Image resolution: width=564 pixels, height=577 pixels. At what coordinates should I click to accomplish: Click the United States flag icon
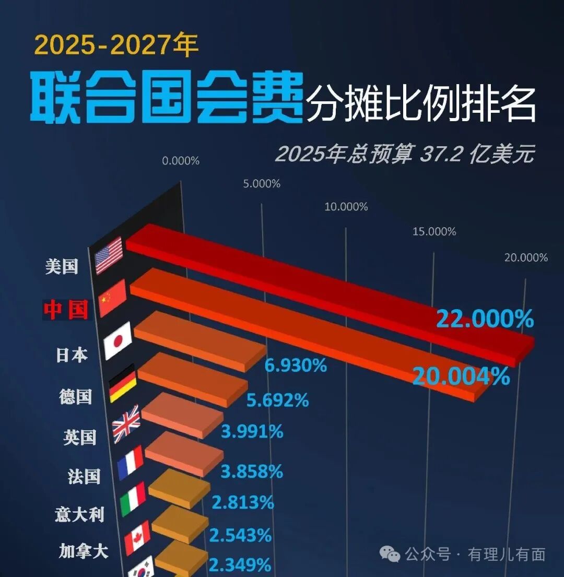109,255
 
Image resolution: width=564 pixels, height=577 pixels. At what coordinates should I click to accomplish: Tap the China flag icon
112,298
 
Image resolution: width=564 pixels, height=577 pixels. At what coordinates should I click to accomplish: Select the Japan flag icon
117,340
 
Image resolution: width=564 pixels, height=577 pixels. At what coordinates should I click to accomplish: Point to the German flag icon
123,383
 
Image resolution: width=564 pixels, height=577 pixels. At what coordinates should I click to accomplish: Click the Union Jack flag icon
126,423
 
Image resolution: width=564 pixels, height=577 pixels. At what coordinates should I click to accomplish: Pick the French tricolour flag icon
131,463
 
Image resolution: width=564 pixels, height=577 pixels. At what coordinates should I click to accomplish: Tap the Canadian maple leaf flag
137,537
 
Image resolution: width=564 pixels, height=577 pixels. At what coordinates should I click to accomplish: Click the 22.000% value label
485,319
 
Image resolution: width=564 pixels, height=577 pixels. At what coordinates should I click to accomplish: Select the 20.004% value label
461,376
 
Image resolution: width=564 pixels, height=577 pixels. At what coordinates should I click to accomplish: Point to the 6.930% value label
296,365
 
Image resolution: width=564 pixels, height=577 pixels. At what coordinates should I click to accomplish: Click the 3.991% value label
252,431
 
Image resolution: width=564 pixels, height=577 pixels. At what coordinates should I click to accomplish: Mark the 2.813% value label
243,502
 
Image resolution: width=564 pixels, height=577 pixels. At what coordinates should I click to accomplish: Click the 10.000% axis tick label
346,207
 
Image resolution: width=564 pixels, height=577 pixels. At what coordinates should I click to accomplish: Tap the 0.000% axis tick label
181,161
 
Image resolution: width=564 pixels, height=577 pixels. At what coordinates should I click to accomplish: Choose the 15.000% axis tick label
434,231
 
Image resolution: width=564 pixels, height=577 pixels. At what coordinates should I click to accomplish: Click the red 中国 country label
66,310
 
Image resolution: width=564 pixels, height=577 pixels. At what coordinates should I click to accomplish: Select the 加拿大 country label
84,551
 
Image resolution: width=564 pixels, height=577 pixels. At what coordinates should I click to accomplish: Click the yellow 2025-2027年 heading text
116,45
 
